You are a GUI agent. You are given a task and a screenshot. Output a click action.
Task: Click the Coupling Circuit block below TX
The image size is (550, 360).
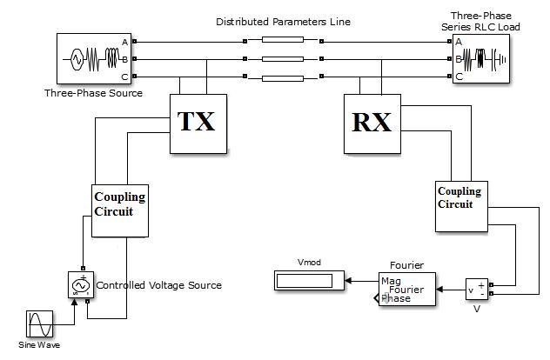120,209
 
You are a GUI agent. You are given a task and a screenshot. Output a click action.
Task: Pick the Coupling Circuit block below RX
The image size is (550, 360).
459,205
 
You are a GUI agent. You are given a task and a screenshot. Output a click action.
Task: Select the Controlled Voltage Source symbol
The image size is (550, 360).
81,284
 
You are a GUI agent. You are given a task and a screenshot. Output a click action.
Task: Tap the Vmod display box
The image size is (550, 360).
309,281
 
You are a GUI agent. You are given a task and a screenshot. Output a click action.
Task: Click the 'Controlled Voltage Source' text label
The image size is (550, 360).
158,285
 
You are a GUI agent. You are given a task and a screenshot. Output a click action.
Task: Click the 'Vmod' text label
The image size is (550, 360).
309,261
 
